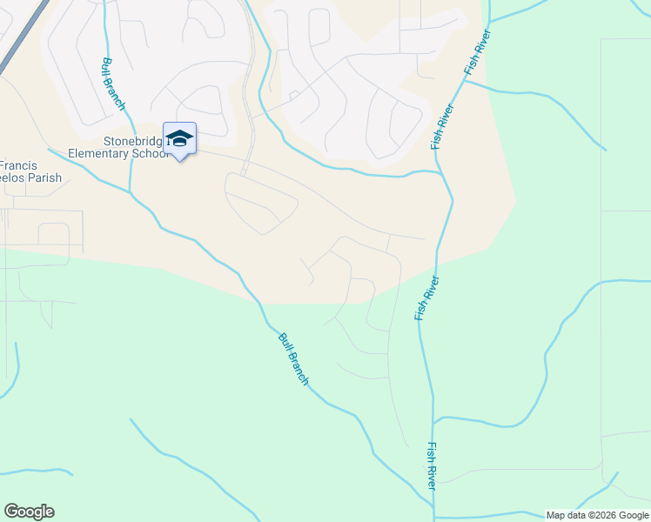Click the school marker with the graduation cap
[179, 138]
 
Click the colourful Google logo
[29, 512]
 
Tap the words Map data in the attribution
[566, 515]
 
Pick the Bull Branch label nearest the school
[113, 84]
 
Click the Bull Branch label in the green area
[292, 359]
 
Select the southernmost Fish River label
[432, 465]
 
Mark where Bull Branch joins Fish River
[432, 510]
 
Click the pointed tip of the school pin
[179, 161]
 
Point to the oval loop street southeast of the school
[261, 202]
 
